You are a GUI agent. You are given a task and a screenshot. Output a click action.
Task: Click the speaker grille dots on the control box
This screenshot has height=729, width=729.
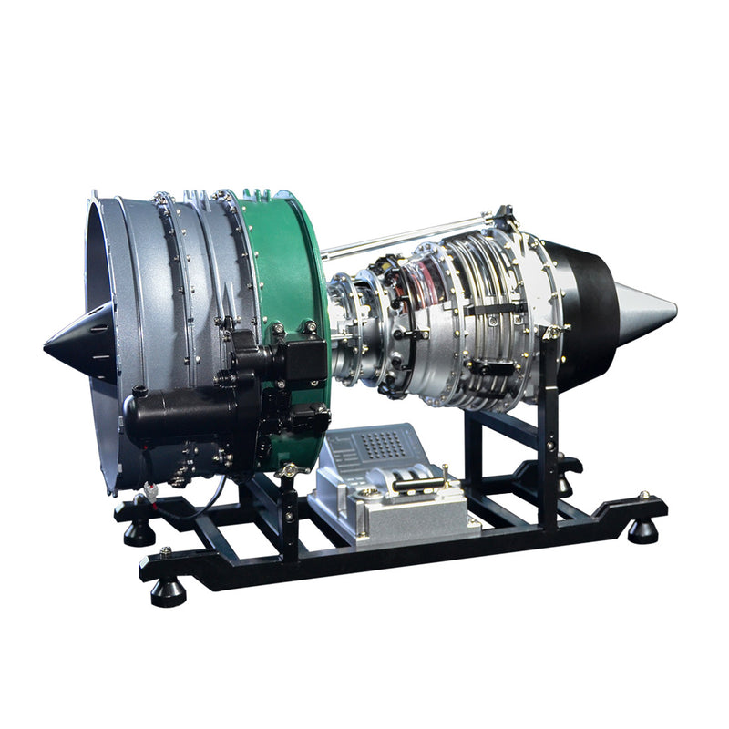[384, 444]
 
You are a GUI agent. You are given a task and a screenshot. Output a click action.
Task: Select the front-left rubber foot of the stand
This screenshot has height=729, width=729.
[168, 590]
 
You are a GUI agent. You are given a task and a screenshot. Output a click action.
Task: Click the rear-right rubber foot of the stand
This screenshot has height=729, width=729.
[643, 530]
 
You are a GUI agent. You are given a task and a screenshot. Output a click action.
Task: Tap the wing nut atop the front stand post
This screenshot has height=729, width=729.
[289, 470]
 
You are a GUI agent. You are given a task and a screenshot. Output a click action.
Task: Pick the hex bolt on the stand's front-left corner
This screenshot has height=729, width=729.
[165, 551]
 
